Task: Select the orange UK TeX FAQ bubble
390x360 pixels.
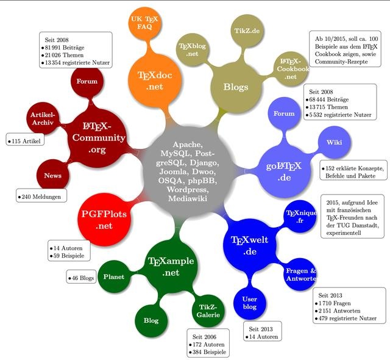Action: [144, 24]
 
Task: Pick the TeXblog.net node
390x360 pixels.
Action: [193, 49]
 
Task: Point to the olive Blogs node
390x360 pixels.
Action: [236, 87]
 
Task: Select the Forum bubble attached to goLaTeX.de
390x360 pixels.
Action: [284, 113]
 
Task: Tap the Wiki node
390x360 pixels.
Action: [334, 142]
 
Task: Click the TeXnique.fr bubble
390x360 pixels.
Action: [303, 216]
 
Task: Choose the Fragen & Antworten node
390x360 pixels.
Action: [300, 274]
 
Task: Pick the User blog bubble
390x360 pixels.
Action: [250, 303]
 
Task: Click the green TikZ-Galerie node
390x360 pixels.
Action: [207, 311]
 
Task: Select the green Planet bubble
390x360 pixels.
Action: [114, 276]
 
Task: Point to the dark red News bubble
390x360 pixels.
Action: [52, 176]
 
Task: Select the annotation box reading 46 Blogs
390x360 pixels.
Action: [81, 278]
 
